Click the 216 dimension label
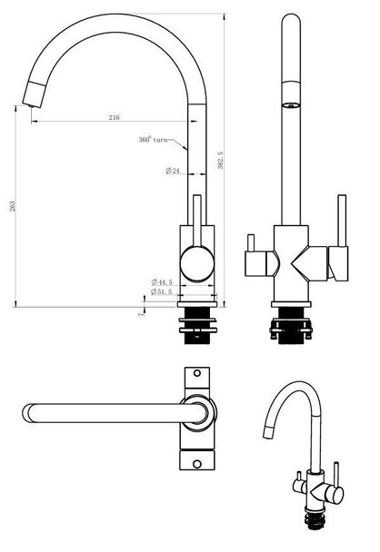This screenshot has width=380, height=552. coord(115,118)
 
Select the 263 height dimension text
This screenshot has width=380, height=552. coord(12,208)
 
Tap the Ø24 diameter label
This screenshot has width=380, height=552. coord(171,172)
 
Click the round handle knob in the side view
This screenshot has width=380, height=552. coord(197,265)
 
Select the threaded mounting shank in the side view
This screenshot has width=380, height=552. coord(199,326)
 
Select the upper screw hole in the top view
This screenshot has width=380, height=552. coord(196,374)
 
